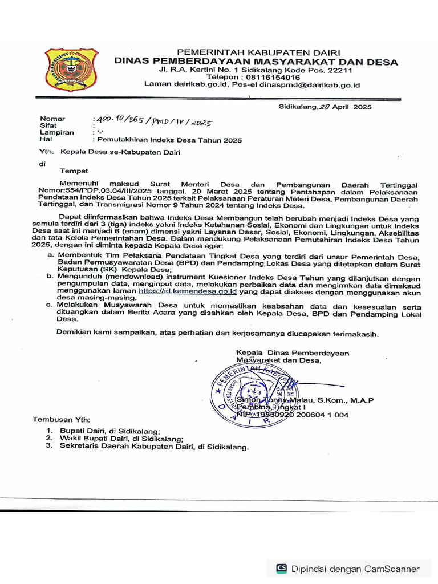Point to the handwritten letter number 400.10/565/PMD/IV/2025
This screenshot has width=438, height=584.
(x=154, y=121)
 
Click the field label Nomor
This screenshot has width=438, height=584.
(x=52, y=119)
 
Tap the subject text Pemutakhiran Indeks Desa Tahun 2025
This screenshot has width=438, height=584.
(x=169, y=140)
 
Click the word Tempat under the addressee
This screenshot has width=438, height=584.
(x=74, y=170)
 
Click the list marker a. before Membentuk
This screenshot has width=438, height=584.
(x=50, y=256)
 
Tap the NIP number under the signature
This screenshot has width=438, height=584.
(x=292, y=415)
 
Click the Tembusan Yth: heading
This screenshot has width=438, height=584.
(x=61, y=419)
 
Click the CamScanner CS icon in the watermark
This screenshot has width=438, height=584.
(x=282, y=568)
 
